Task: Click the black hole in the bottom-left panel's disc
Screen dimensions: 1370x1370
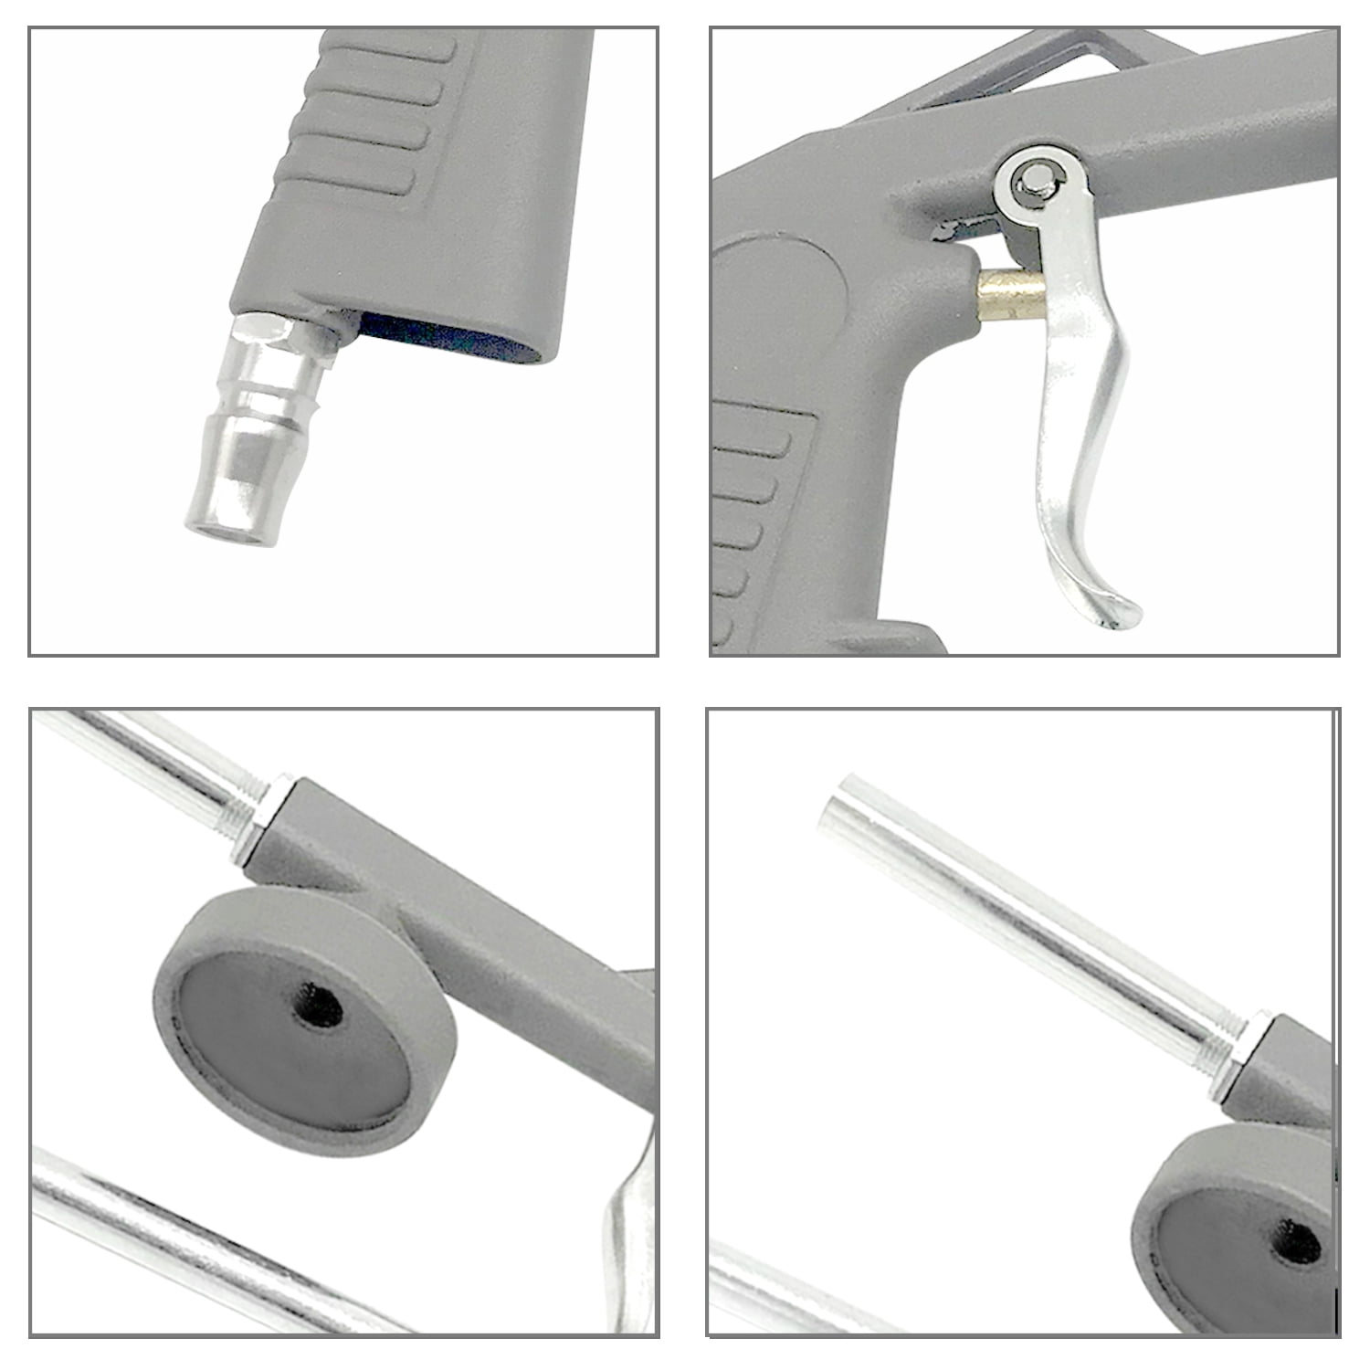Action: [319, 1005]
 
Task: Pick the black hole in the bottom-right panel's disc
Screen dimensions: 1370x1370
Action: [1298, 1242]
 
